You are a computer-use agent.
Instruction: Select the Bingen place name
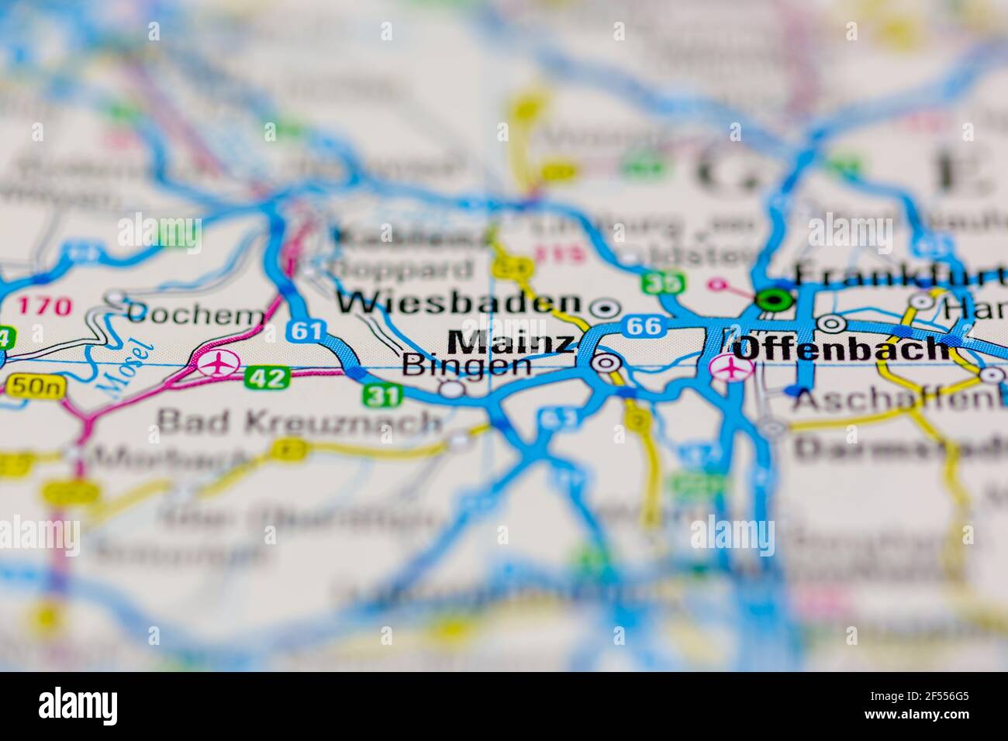coord(467,364)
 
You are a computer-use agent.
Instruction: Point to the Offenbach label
coord(842,349)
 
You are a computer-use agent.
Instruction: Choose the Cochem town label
coord(195,315)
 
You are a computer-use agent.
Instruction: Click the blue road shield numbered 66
coord(645,326)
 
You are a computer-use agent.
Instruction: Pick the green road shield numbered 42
coord(268,378)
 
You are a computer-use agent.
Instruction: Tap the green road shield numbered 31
coord(383,396)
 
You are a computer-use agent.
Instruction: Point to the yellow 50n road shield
coord(29,384)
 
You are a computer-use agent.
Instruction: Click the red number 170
coord(44,305)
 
